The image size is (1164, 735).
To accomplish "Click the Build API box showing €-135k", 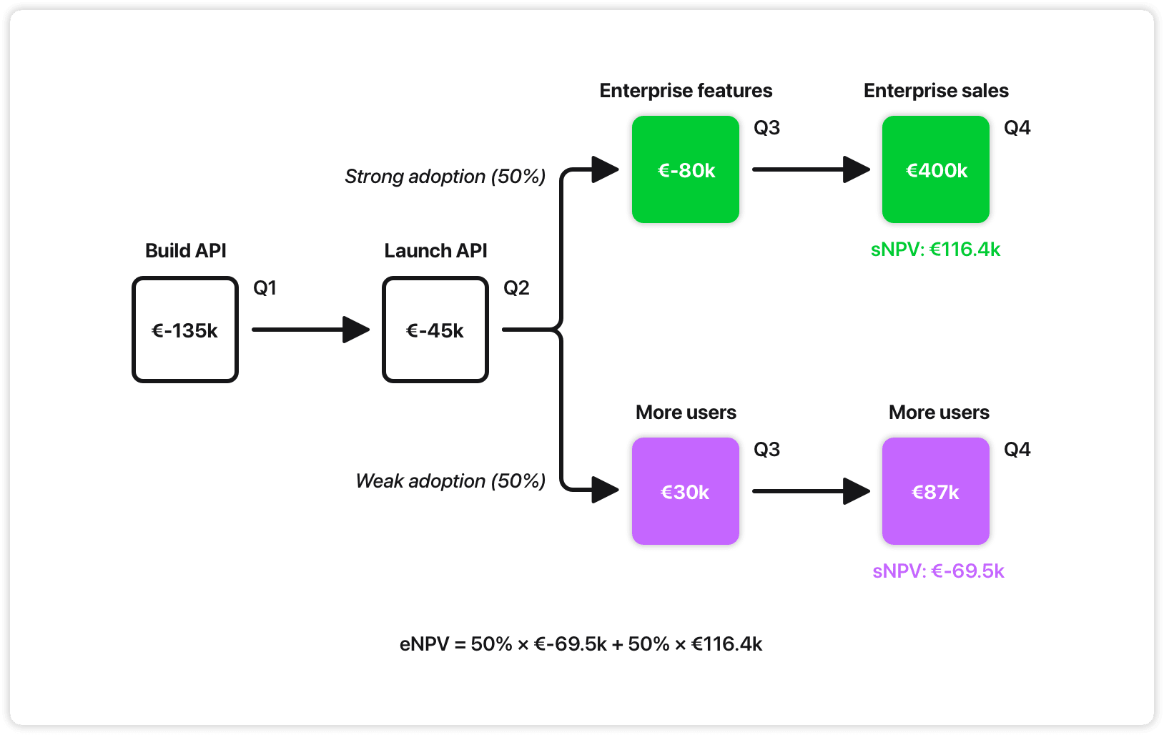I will coord(185,330).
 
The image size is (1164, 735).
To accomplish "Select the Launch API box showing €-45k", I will coord(435,330).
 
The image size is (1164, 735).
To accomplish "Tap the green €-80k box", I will coord(685,169).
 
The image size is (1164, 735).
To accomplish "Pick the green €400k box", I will coord(935,169).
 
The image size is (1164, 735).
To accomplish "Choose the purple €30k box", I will coord(685,491).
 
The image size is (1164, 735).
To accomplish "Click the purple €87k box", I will coord(935,491).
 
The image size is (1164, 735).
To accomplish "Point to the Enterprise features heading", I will coord(686,91).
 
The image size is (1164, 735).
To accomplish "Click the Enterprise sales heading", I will coord(936,91).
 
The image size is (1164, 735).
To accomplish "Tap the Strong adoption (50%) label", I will coord(445,177).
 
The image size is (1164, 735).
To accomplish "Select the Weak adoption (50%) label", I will coord(450,481).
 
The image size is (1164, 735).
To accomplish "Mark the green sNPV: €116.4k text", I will coord(935,250).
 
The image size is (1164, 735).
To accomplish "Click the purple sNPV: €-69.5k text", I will coord(938,571).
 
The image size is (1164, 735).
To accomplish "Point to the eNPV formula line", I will coord(581,644).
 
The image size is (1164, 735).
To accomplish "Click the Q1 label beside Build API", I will coord(265,288).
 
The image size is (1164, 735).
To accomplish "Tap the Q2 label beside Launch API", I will coord(516,288).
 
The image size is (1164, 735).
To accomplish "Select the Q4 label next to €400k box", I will coord(1017,128).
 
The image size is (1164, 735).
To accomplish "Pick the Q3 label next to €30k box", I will coord(766,450).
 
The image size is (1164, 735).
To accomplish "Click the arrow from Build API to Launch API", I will coord(310,330).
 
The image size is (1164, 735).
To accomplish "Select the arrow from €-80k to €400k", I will coord(811,169).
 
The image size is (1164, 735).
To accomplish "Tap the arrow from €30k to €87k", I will coord(811,491).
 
